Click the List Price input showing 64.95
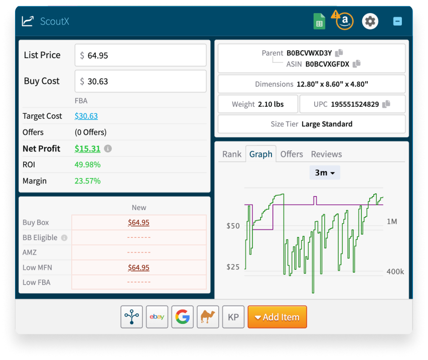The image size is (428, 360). click(x=140, y=55)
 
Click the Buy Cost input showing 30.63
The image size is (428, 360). click(x=140, y=81)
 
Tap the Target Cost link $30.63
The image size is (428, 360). click(x=86, y=116)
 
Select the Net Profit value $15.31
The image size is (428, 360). click(x=87, y=148)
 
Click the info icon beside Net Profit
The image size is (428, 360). click(x=108, y=149)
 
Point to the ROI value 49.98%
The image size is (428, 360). click(x=87, y=164)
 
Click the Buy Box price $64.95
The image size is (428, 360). click(x=138, y=223)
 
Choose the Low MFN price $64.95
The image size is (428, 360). click(x=138, y=267)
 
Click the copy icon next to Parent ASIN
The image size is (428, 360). click(x=340, y=53)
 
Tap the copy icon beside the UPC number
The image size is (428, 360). click(x=386, y=104)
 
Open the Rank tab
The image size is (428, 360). click(x=232, y=154)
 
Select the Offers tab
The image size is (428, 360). click(x=292, y=154)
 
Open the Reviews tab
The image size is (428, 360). click(x=326, y=154)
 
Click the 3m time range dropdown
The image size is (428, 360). click(x=325, y=172)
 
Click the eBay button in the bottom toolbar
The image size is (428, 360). click(x=157, y=317)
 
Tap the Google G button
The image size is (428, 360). click(x=183, y=317)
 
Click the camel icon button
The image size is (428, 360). click(x=208, y=317)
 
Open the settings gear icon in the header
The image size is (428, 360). click(x=370, y=21)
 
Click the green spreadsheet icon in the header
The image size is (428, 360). click(x=319, y=21)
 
